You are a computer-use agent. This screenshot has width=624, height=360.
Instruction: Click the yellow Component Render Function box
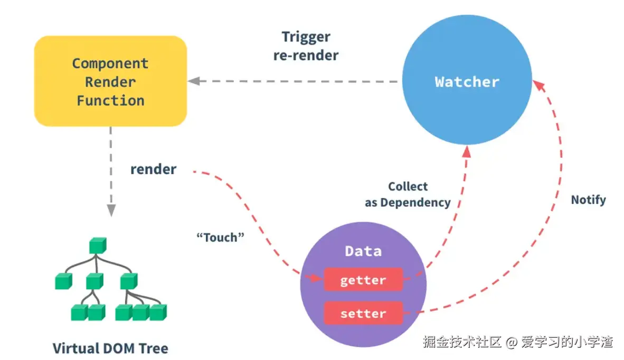110,81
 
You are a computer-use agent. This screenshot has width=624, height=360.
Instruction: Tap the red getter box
363,280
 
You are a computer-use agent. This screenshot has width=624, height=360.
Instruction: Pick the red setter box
363,313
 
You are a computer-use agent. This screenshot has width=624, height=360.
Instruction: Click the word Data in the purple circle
363,251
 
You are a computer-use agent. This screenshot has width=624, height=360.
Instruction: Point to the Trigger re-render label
306,46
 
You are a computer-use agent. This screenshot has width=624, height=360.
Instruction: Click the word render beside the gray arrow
153,169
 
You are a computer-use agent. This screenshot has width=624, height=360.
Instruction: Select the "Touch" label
220,237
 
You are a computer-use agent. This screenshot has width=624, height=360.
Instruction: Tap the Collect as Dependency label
408,194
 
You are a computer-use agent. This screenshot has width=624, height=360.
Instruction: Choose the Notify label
588,200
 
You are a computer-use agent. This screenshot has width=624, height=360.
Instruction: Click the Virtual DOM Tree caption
110,348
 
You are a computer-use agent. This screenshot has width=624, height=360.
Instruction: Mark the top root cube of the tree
97,245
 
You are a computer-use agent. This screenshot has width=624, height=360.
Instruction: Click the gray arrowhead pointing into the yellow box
194,81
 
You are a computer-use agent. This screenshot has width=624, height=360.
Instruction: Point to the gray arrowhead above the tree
111,210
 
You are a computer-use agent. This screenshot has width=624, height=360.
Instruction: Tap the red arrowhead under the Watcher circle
467,152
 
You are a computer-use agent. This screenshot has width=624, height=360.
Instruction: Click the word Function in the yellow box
110,101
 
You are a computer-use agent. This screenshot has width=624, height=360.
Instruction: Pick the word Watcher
467,82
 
